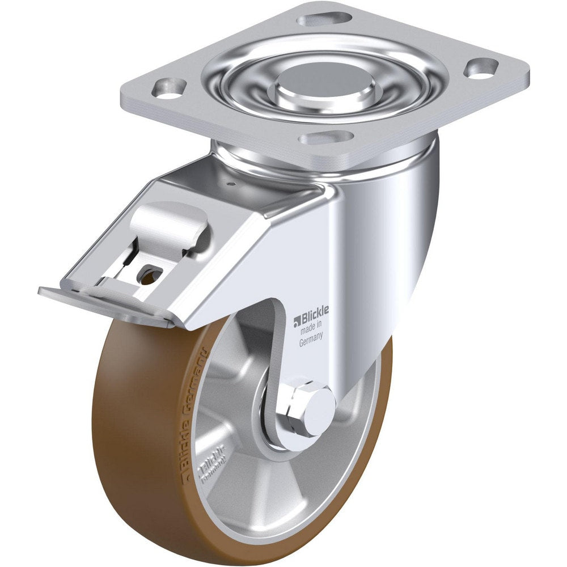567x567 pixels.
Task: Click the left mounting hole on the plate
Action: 169,87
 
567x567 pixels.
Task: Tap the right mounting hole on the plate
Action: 481,68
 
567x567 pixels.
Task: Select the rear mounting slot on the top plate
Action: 324,19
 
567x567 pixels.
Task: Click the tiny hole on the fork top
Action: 232,183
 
